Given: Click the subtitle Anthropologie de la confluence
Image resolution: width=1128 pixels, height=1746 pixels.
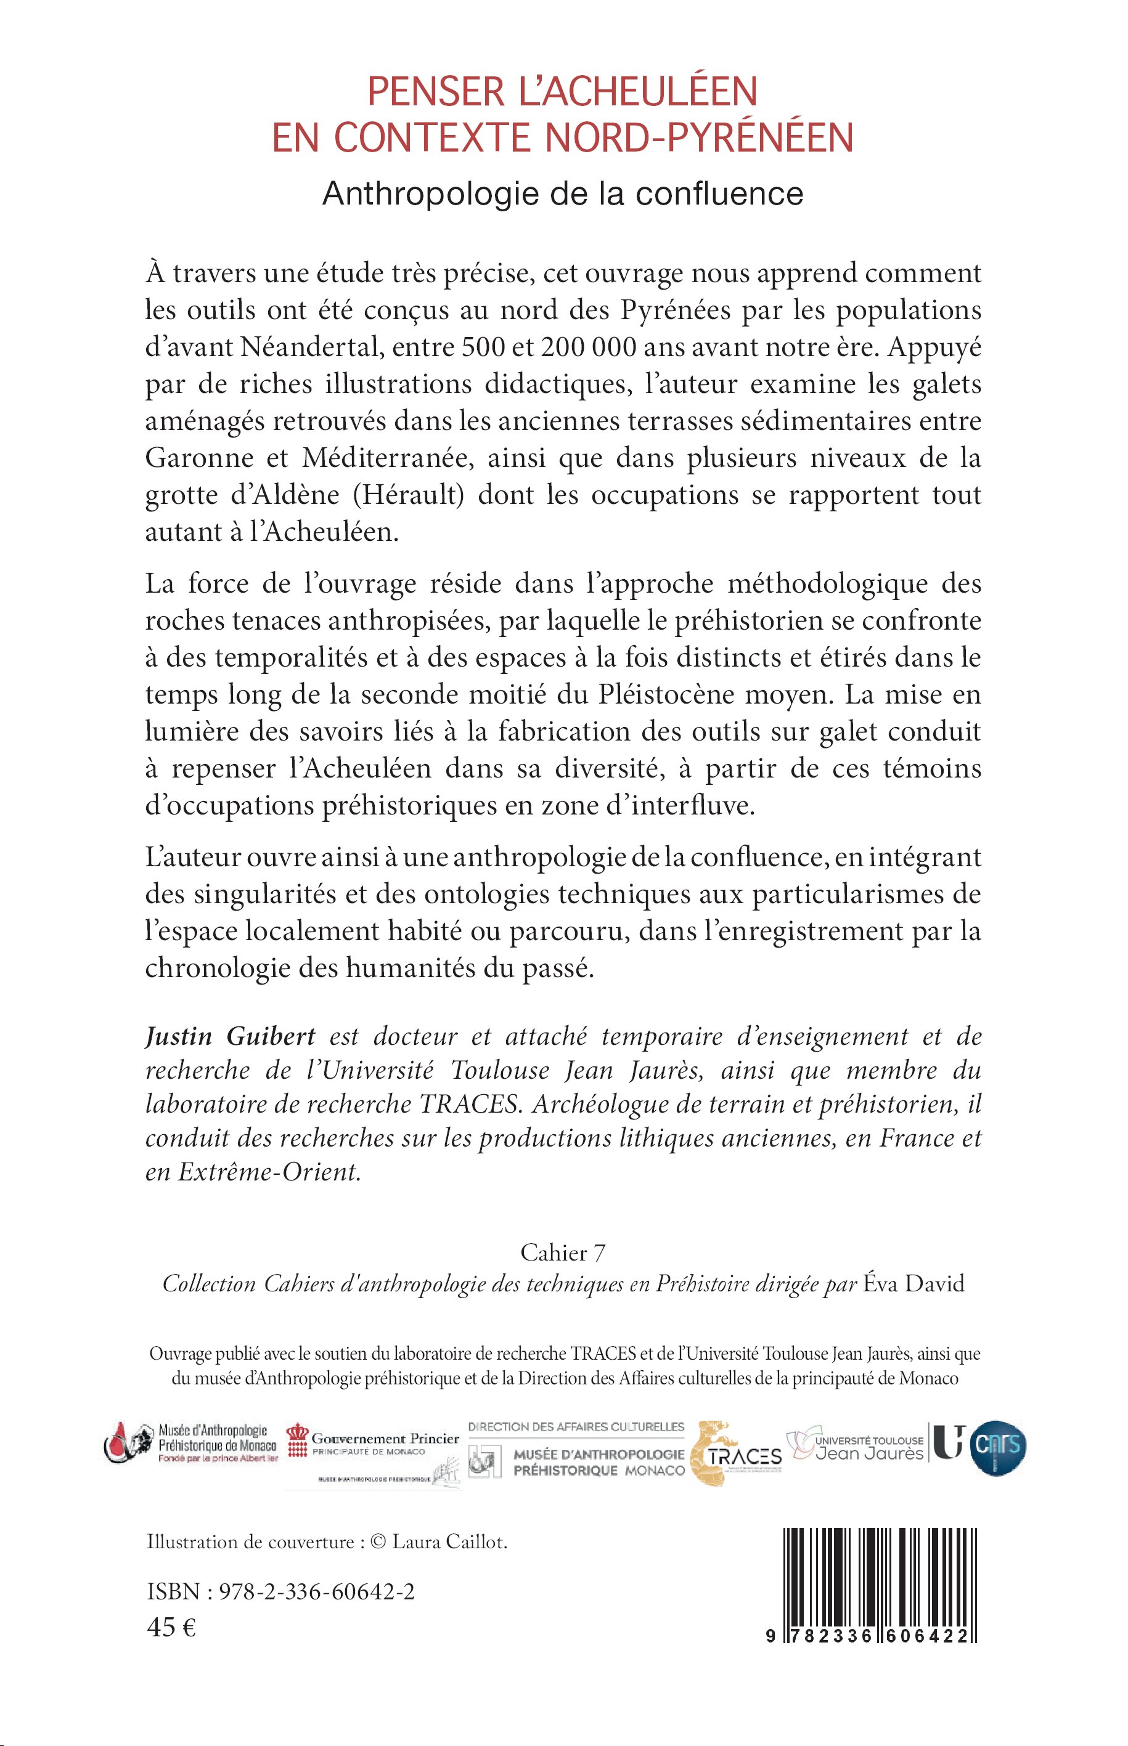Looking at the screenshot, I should coord(563,194).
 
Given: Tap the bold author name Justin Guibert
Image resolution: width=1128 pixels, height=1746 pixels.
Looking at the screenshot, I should coord(230,1037).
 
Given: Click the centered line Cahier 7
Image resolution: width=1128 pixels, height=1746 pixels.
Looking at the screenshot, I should coord(563,1253).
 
